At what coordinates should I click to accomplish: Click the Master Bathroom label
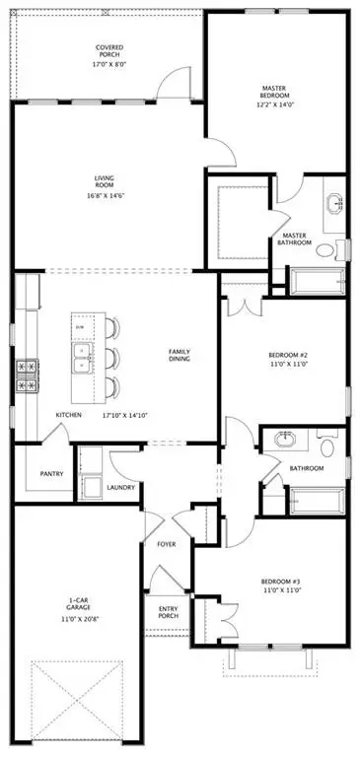pos(296,240)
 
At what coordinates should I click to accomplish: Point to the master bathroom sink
pos(333,205)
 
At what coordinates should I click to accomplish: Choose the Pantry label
pos(52,474)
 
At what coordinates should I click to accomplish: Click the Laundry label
pos(120,487)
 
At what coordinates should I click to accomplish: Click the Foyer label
pos(167,543)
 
